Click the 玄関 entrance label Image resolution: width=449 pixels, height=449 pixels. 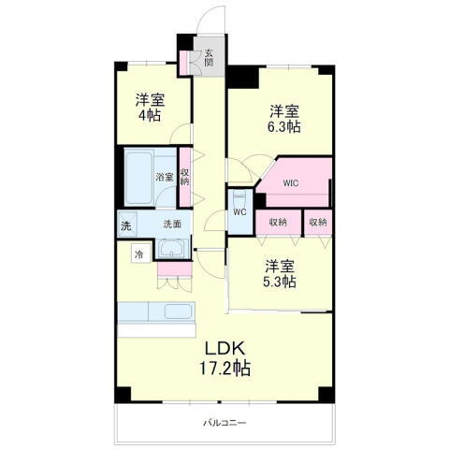click(209, 58)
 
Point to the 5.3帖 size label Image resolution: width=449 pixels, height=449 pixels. click(281, 279)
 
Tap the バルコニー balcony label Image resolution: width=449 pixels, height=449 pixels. click(224, 423)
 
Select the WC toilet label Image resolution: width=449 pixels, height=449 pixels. click(239, 212)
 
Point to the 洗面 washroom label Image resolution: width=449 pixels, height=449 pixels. click(172, 224)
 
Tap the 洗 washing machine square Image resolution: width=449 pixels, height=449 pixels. click(125, 224)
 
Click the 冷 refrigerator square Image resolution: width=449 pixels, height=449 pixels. click(139, 253)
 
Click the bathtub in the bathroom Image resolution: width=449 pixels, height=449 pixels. click(139, 177)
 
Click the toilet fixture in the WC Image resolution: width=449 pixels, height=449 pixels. click(239, 197)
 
